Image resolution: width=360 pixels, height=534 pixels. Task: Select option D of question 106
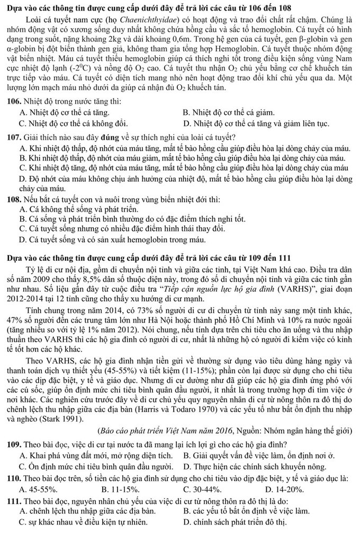tap(265, 124)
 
